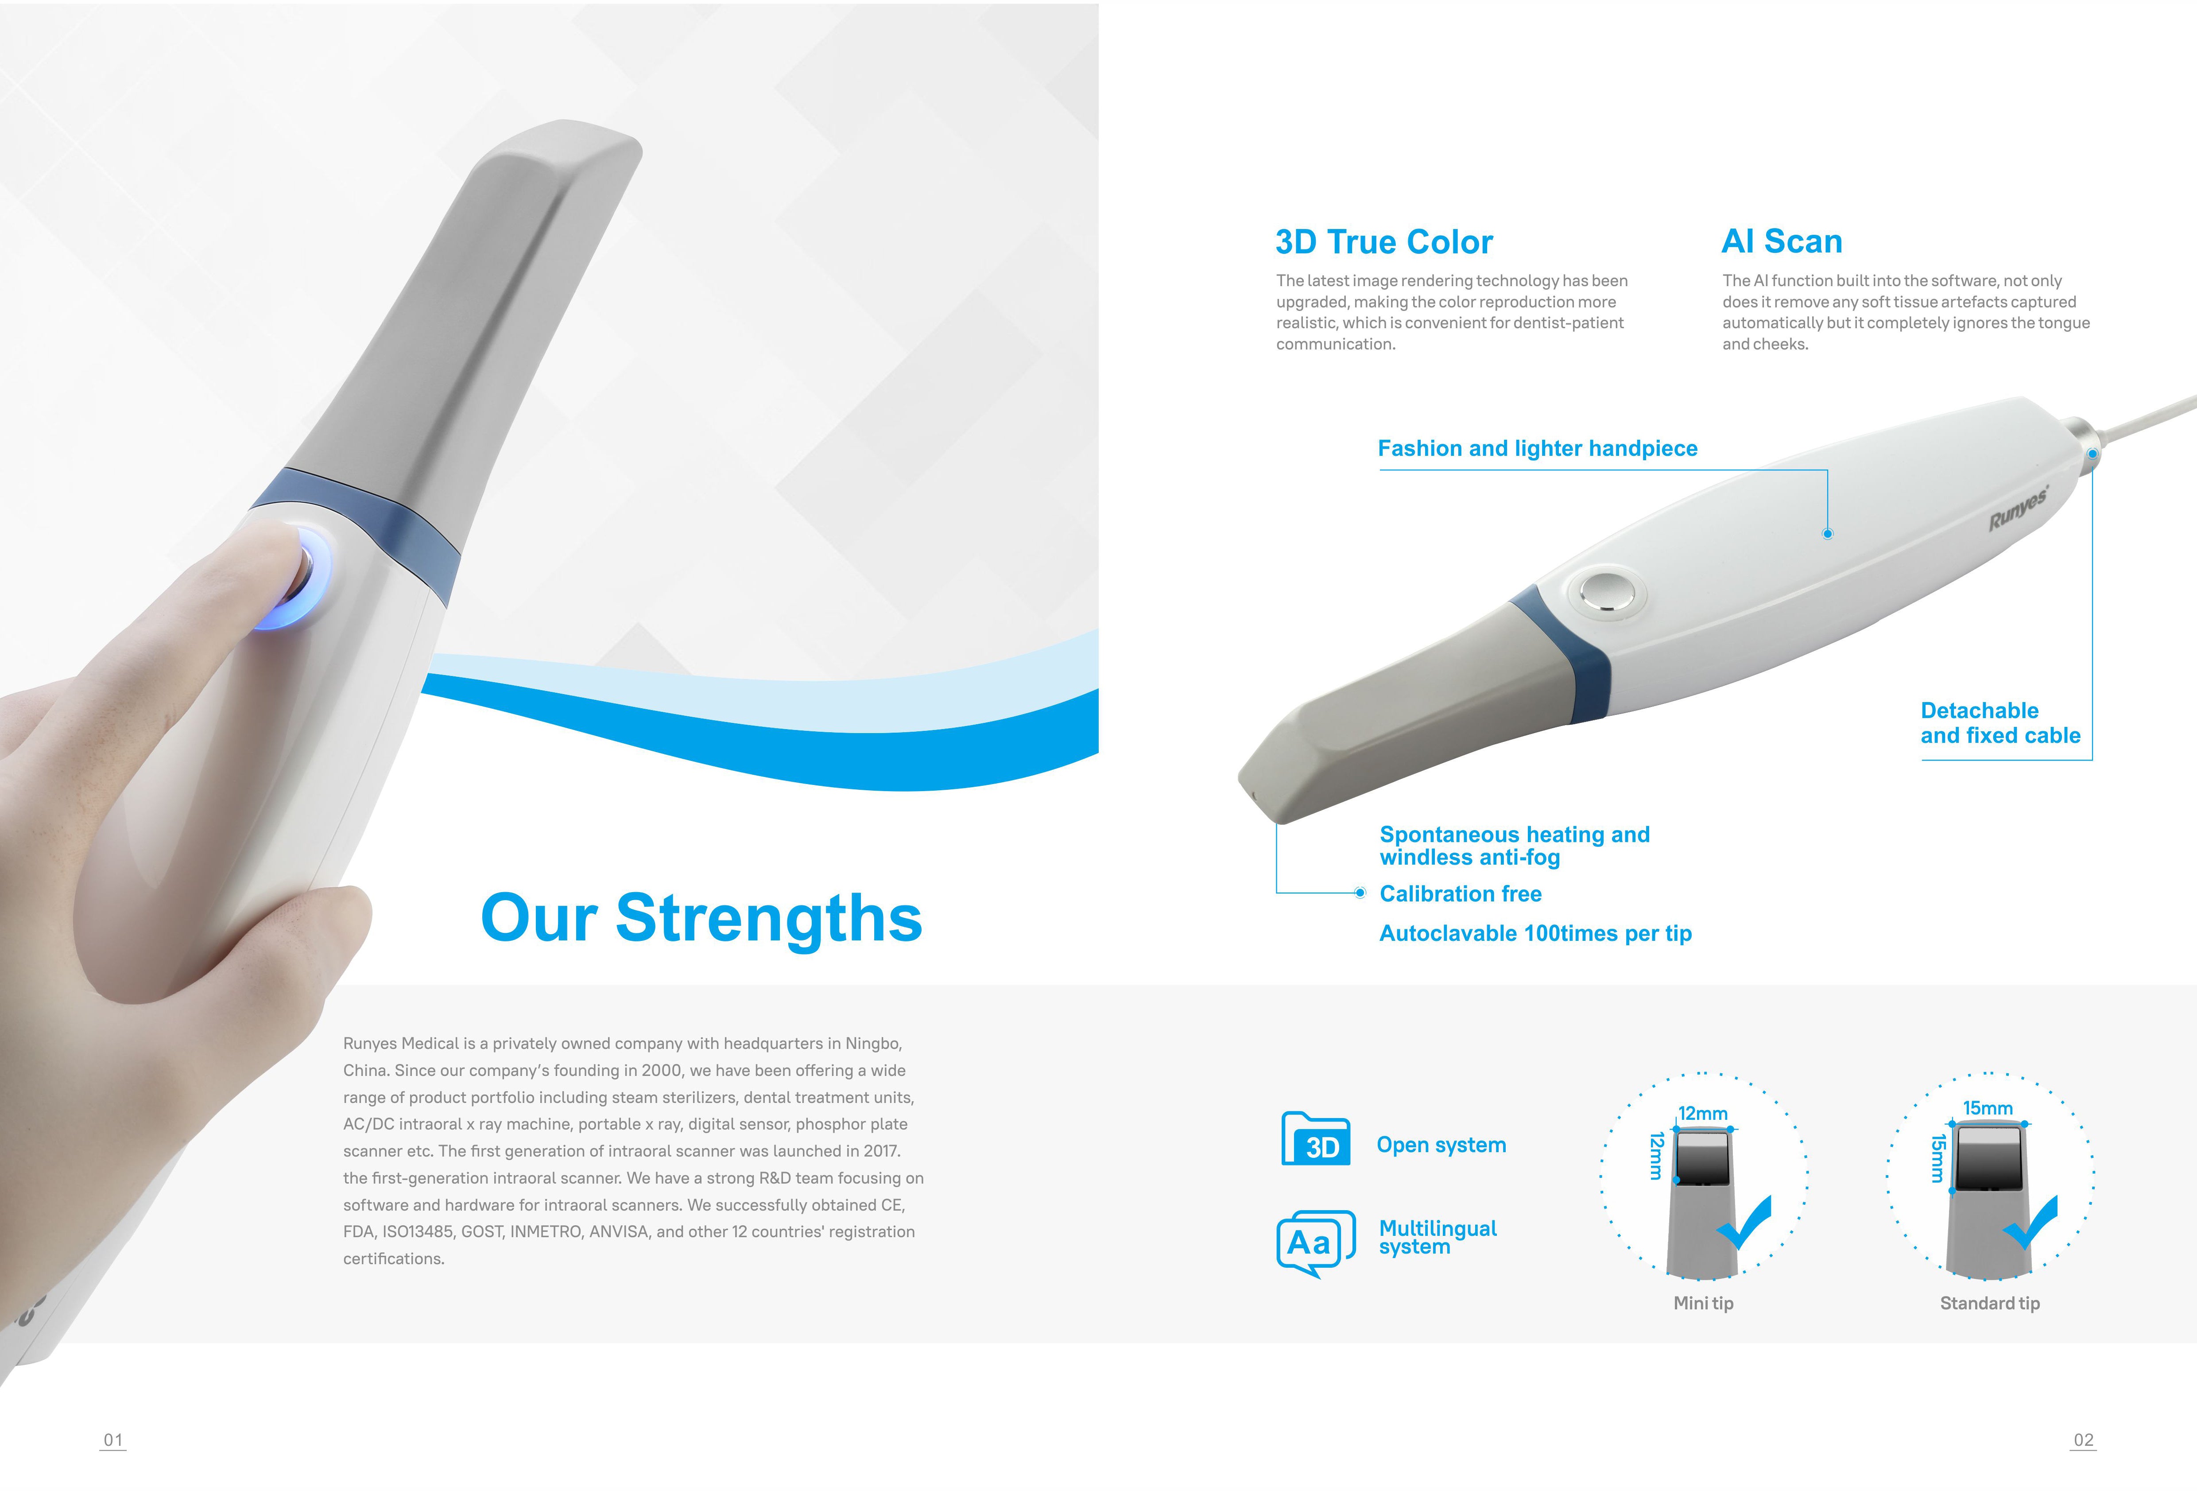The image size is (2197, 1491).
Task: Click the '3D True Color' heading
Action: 1384,242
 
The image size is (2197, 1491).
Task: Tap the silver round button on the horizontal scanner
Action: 1607,592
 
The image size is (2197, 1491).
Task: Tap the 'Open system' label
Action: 1441,1145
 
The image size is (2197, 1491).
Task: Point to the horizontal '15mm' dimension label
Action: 1987,1108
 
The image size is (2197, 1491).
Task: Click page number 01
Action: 112,1440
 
